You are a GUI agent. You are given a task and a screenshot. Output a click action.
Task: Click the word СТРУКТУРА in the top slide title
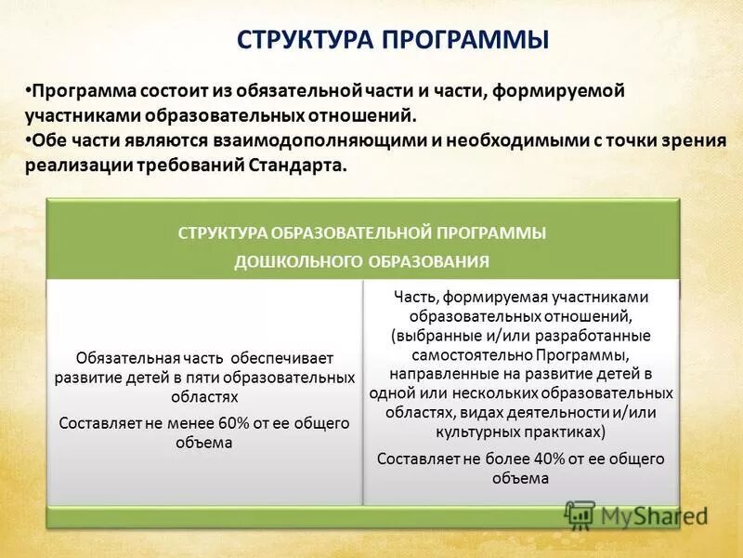[x=304, y=41]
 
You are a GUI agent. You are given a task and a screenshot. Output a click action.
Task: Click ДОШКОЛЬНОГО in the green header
[x=284, y=261]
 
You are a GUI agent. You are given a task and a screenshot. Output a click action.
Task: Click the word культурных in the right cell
[x=473, y=432]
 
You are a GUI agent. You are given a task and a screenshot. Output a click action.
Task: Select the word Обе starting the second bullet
[x=47, y=141]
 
